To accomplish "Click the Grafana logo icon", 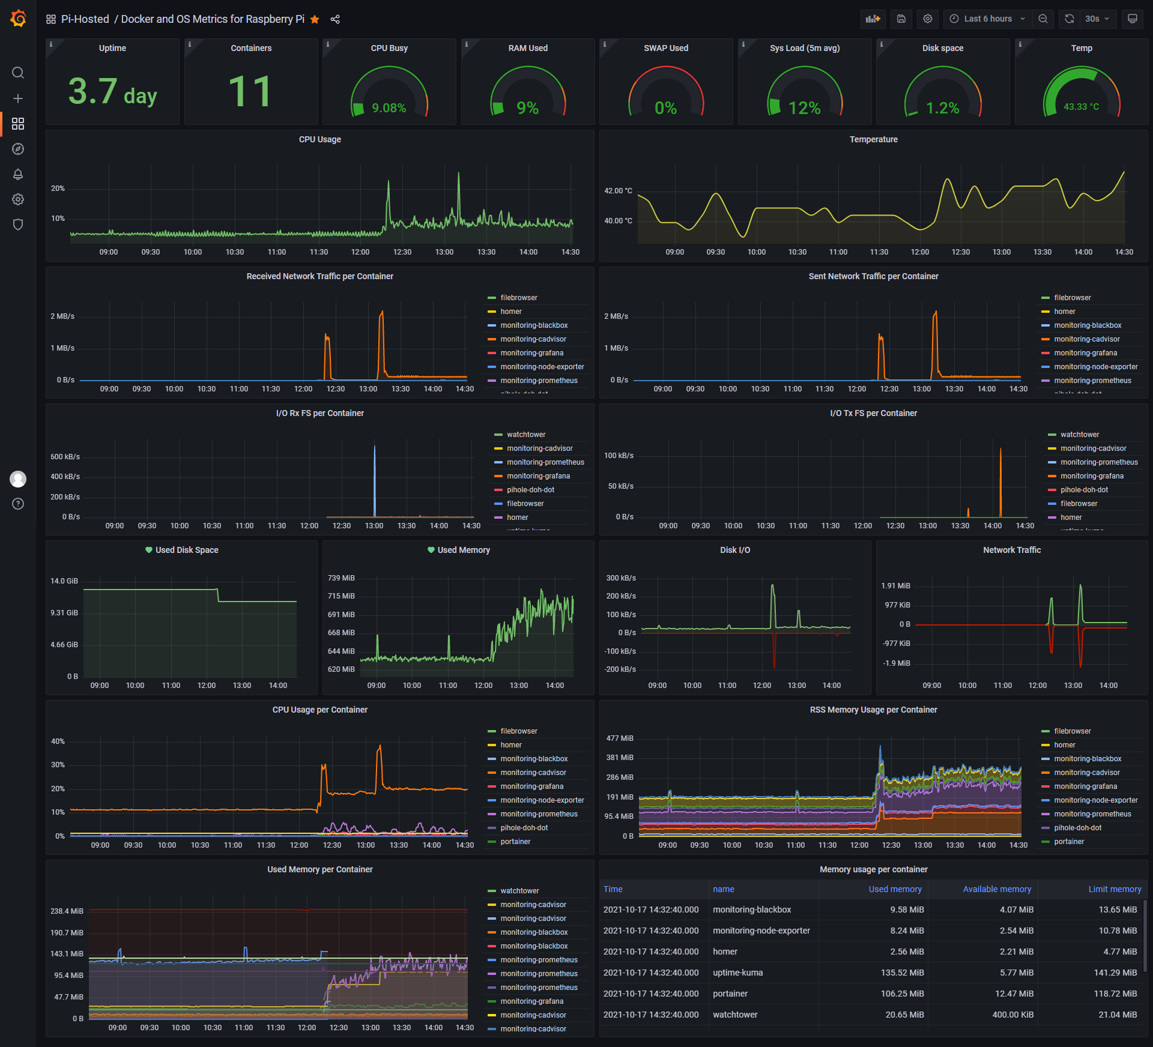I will [x=18, y=19].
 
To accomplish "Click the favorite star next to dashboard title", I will [x=315, y=19].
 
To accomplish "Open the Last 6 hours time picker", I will [x=987, y=19].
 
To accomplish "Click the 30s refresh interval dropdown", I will [x=1097, y=19].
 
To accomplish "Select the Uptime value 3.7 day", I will [x=112, y=92].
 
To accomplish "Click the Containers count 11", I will [x=250, y=92].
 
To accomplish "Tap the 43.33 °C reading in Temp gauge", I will [x=1081, y=107].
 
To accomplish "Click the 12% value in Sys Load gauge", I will [x=804, y=108].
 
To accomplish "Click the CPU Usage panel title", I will [x=319, y=139].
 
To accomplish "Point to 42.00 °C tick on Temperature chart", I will [x=618, y=191].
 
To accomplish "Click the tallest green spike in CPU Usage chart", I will [x=459, y=174].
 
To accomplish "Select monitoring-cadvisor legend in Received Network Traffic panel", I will [x=533, y=339].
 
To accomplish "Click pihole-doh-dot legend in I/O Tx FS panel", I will [x=1084, y=490].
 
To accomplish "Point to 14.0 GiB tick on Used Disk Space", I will [x=64, y=581].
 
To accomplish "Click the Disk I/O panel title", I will [x=734, y=550].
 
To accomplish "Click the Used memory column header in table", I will [x=894, y=889].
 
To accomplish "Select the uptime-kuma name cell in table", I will [x=737, y=973].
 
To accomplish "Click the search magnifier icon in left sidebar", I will [x=18, y=73].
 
